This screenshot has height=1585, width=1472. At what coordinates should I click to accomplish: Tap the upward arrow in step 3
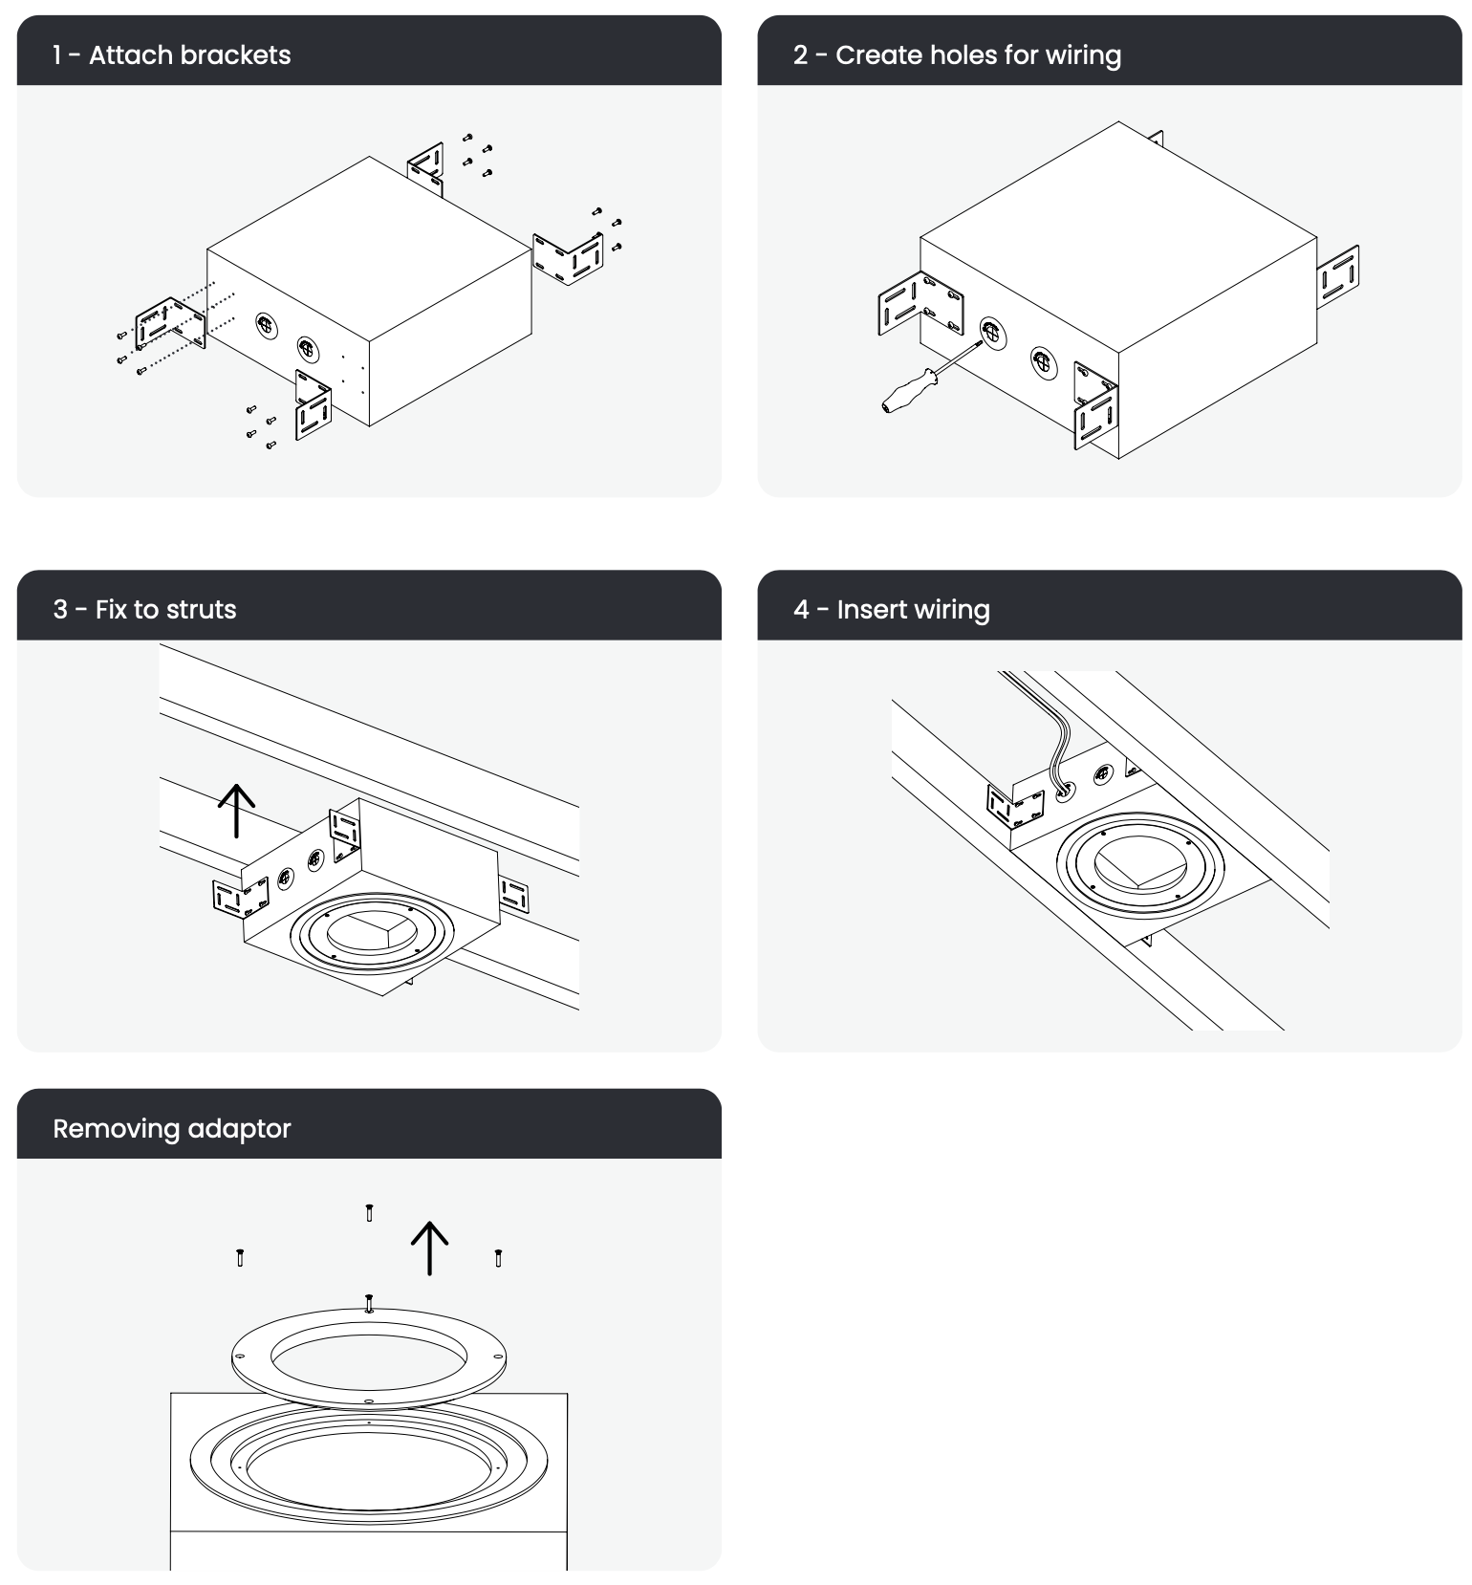tap(236, 811)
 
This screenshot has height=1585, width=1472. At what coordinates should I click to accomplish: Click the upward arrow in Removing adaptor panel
tap(429, 1248)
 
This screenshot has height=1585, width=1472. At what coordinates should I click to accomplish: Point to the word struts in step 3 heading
tap(200, 610)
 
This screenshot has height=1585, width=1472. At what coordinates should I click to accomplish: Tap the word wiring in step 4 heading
tap(952, 610)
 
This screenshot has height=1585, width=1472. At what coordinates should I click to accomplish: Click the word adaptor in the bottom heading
tap(239, 1129)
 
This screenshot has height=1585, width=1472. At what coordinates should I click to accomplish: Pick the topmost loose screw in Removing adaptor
tap(369, 1213)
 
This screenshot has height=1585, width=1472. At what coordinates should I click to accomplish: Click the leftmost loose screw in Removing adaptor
tap(240, 1257)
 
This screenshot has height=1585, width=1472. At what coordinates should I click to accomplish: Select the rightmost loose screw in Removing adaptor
tap(498, 1257)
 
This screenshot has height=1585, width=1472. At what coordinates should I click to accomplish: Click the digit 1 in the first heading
tap(57, 55)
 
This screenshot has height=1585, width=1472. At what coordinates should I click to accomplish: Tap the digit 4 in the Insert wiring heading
tap(801, 610)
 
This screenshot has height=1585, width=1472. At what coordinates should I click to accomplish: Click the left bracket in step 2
tap(920, 304)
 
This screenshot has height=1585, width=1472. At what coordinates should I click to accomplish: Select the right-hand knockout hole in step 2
tap(1044, 363)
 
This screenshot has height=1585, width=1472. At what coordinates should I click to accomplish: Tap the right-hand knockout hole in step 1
tap(306, 349)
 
